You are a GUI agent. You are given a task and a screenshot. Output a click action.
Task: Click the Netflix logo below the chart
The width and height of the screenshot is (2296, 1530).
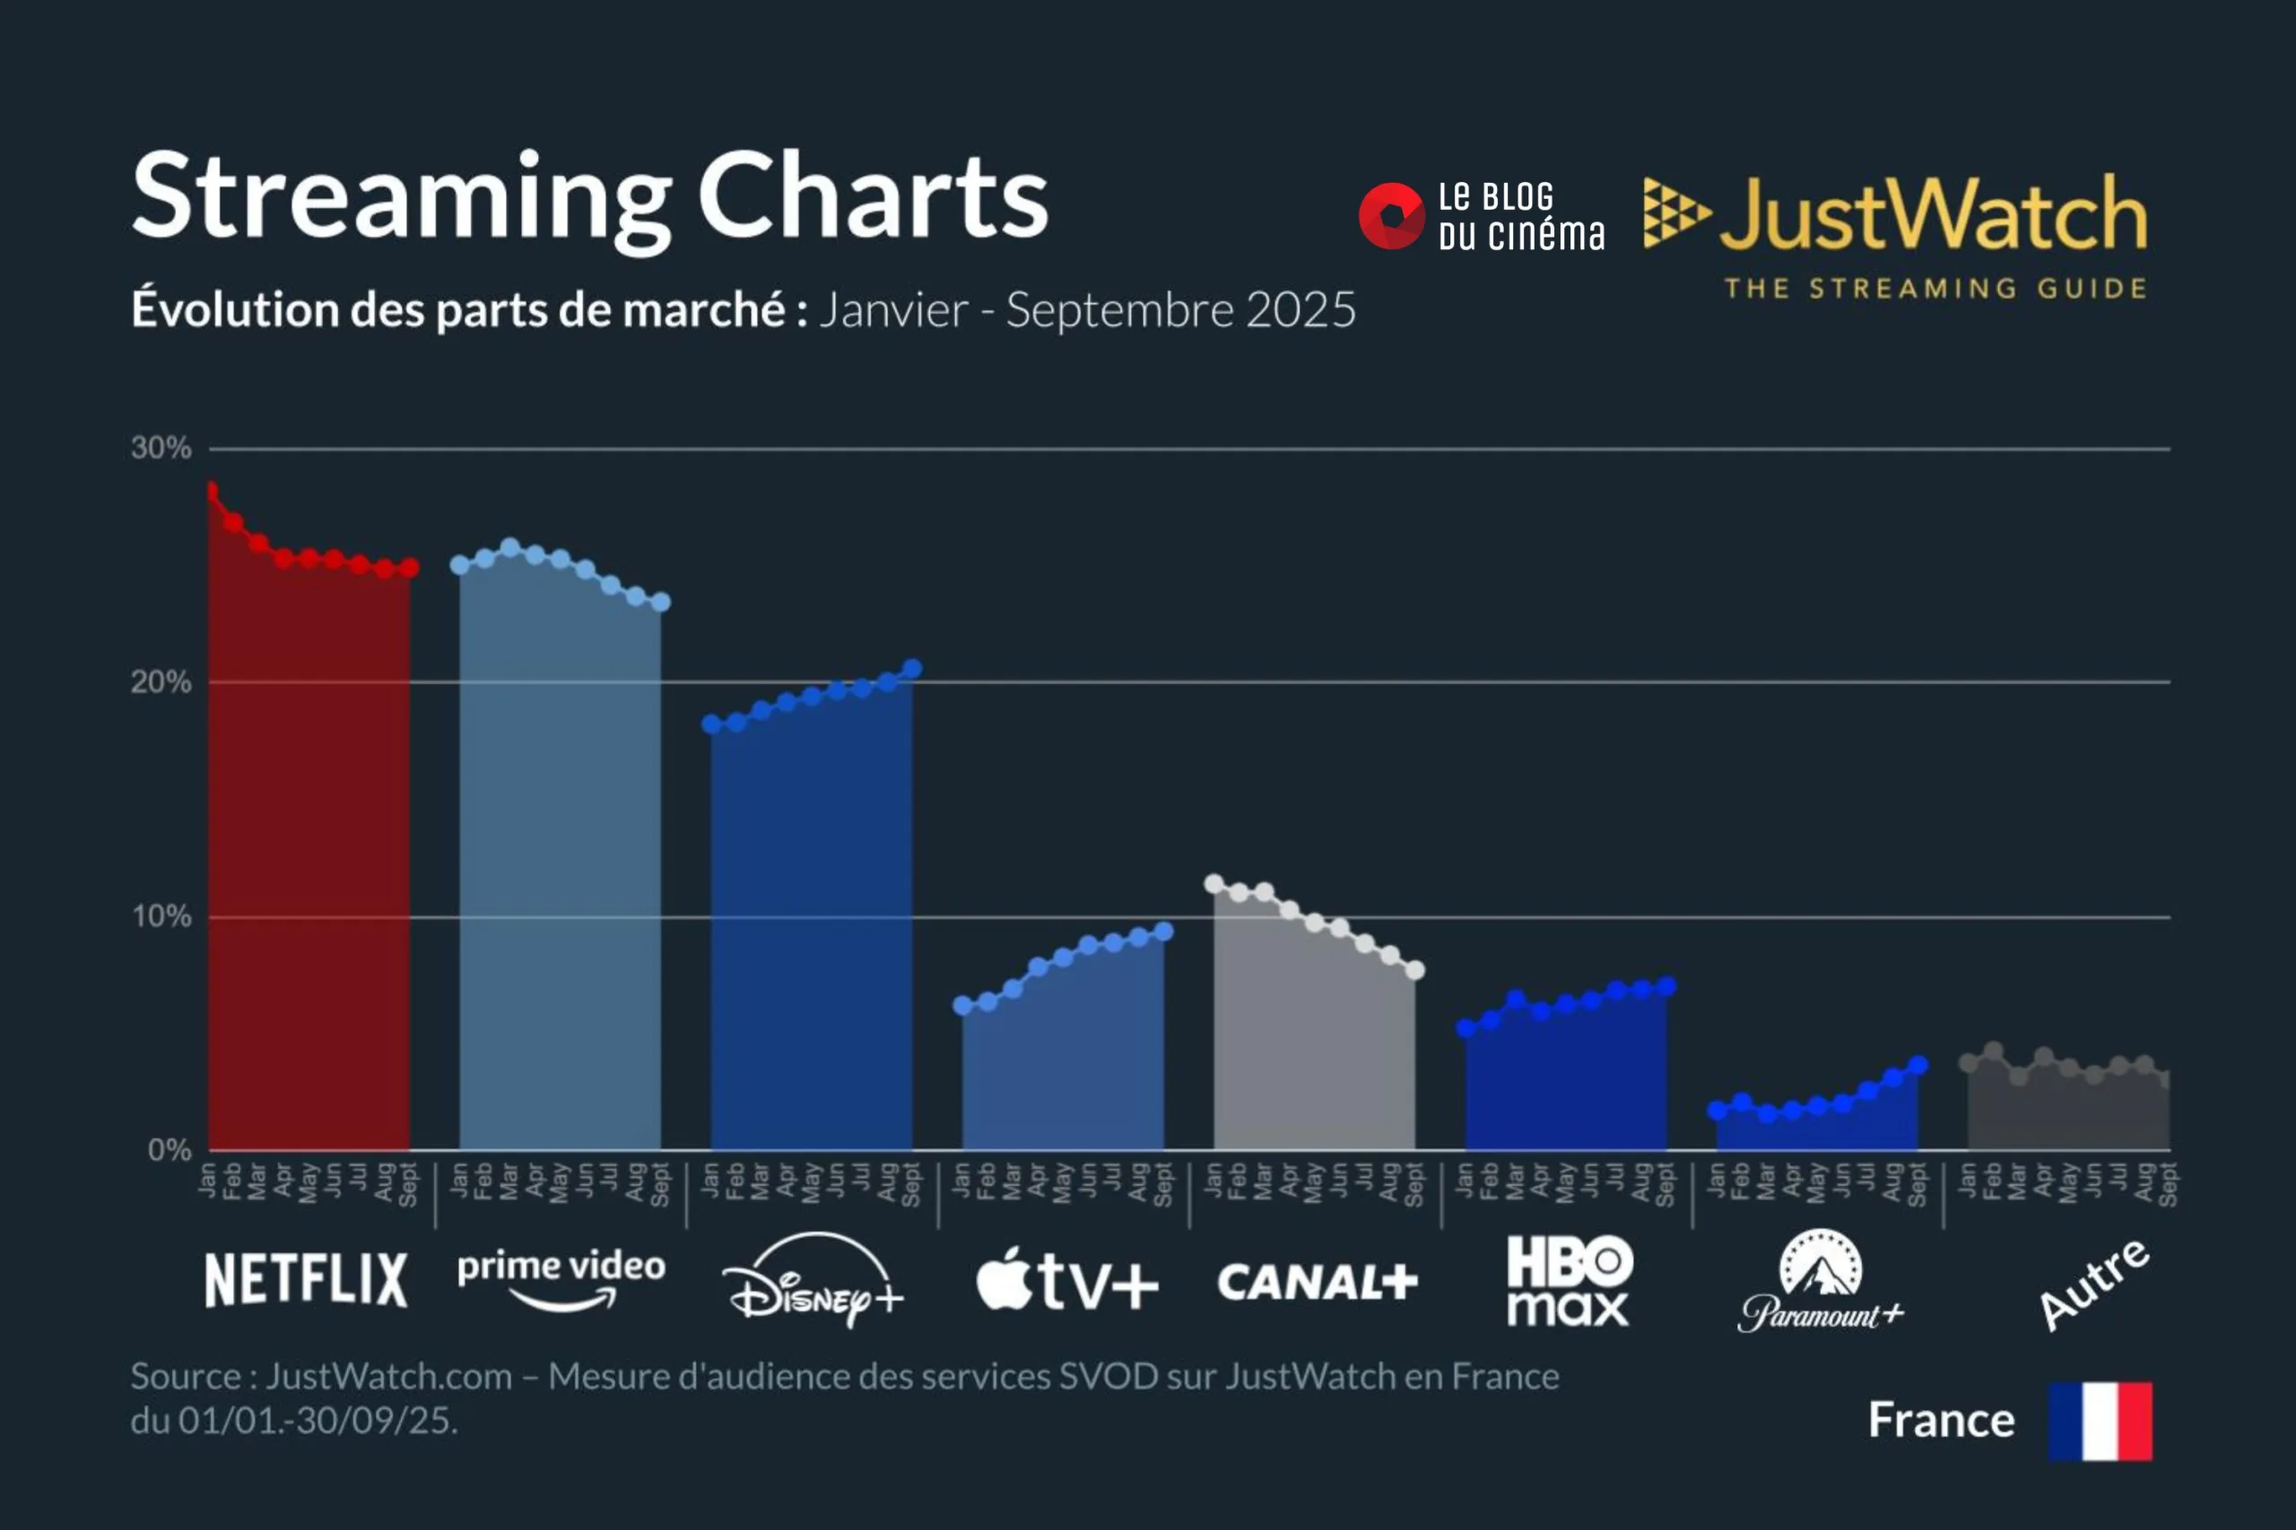click(306, 1279)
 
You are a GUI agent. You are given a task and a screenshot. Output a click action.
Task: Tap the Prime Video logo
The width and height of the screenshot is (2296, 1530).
click(561, 1278)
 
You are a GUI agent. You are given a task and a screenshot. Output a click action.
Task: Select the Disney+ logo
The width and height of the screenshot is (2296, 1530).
click(813, 1280)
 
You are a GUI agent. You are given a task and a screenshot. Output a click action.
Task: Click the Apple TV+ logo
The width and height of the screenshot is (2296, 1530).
click(1067, 1280)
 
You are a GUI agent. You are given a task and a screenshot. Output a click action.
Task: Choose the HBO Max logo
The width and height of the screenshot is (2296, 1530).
click(1569, 1280)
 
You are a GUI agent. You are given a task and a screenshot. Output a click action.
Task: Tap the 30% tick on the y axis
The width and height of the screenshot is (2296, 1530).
click(161, 449)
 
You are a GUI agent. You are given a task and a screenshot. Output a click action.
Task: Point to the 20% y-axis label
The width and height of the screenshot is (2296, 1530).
click(161, 682)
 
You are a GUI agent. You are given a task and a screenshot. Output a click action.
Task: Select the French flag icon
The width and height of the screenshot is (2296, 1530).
click(2100, 1421)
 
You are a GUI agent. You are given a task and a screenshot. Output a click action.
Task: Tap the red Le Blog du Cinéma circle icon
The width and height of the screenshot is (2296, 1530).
click(1392, 216)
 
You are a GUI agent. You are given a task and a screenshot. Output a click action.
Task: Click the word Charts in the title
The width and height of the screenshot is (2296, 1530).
click(873, 197)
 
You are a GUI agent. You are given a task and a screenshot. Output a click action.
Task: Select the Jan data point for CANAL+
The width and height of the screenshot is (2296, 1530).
click(1213, 884)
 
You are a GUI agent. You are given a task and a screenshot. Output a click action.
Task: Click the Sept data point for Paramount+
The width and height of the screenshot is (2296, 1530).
click(1918, 1066)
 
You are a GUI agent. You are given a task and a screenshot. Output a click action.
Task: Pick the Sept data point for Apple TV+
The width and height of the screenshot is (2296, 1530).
click(1163, 932)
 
